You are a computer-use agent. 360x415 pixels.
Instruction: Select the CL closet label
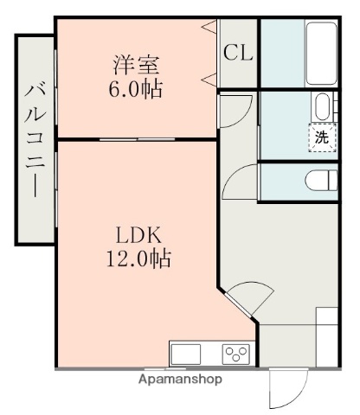point(238,53)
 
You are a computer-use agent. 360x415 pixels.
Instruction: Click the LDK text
point(135,233)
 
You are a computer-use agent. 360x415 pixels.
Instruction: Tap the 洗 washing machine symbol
point(322,137)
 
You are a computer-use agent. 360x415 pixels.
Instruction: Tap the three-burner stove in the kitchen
point(236,354)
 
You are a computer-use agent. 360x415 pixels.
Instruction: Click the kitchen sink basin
point(186,354)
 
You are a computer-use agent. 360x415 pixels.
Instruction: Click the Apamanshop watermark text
point(180,379)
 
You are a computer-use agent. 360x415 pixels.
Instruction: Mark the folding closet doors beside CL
point(211,54)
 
